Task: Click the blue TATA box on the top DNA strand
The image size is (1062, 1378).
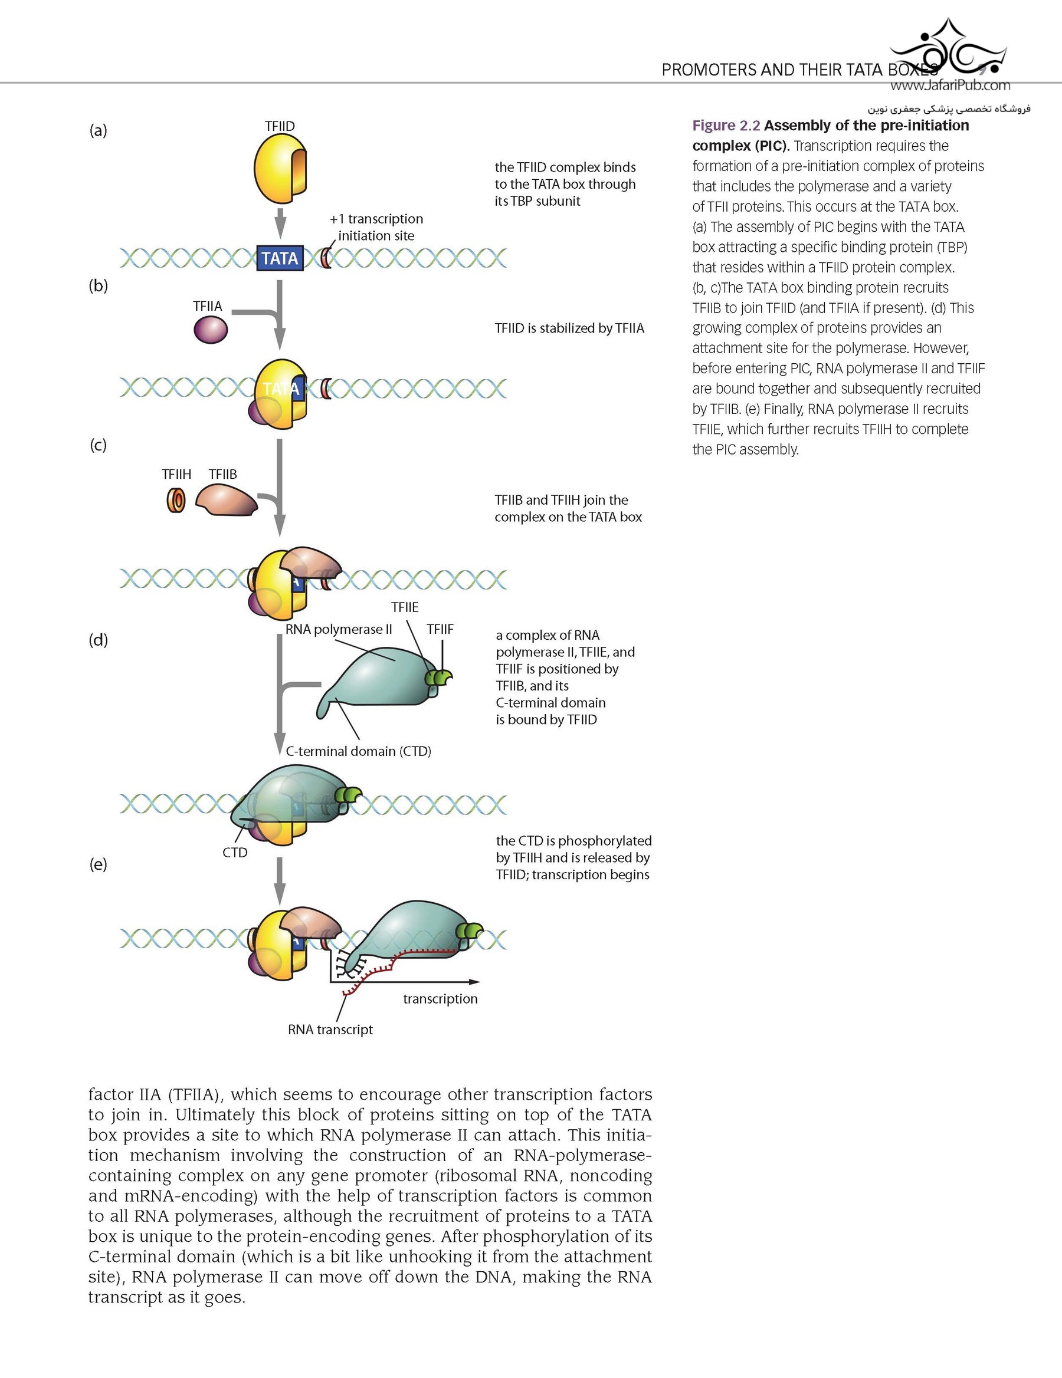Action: tap(280, 258)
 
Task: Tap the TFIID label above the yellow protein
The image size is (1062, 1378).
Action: tap(280, 126)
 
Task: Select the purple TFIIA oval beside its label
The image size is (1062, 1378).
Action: tap(210, 330)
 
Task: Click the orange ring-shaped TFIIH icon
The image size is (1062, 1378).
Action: tap(176, 501)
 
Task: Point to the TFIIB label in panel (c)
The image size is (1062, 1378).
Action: tap(223, 475)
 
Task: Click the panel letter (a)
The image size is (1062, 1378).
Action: tap(98, 131)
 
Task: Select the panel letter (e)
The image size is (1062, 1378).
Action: tap(98, 864)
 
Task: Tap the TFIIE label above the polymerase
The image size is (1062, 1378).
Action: tap(405, 607)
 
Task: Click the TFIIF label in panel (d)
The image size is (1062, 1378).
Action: tap(440, 629)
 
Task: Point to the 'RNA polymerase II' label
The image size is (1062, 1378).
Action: tap(339, 629)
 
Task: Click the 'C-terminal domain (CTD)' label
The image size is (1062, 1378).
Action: tap(359, 751)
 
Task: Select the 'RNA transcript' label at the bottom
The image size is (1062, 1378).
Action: tap(330, 1029)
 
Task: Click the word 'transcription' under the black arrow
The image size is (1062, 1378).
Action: tap(440, 998)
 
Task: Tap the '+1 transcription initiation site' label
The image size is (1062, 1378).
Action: tap(376, 227)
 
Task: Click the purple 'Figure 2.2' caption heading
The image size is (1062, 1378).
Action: tap(726, 126)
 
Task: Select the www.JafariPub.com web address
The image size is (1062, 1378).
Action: tap(950, 85)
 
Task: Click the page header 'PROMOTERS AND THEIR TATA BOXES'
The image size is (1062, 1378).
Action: tap(799, 70)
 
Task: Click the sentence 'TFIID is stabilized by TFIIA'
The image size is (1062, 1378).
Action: tap(569, 328)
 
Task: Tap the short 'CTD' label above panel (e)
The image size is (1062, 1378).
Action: tap(235, 853)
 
